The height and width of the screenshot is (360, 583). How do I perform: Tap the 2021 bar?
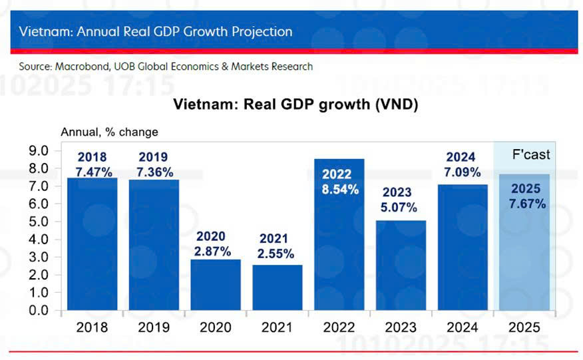pyautogui.click(x=277, y=287)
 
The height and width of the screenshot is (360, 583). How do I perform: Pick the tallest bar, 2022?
pyautogui.click(x=339, y=253)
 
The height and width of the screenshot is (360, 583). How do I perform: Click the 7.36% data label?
pyautogui.click(x=154, y=172)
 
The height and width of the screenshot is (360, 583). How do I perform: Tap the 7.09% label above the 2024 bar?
pyautogui.click(x=461, y=172)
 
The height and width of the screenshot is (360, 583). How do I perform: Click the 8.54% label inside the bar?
pyautogui.click(x=339, y=189)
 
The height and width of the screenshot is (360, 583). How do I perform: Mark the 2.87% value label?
pyautogui.click(x=216, y=252)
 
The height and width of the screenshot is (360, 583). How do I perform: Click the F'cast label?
pyautogui.click(x=530, y=154)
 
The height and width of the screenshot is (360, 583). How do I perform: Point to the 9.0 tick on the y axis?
pyautogui.click(x=38, y=151)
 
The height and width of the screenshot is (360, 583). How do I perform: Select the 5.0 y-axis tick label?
pyautogui.click(x=38, y=222)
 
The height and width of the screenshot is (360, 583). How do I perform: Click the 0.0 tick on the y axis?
pyautogui.click(x=38, y=310)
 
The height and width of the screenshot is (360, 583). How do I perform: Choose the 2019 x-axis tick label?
pyautogui.click(x=154, y=327)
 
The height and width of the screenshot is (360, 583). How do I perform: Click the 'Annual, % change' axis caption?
pyautogui.click(x=109, y=132)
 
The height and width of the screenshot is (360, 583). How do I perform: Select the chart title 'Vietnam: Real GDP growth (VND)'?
pyautogui.click(x=295, y=104)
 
